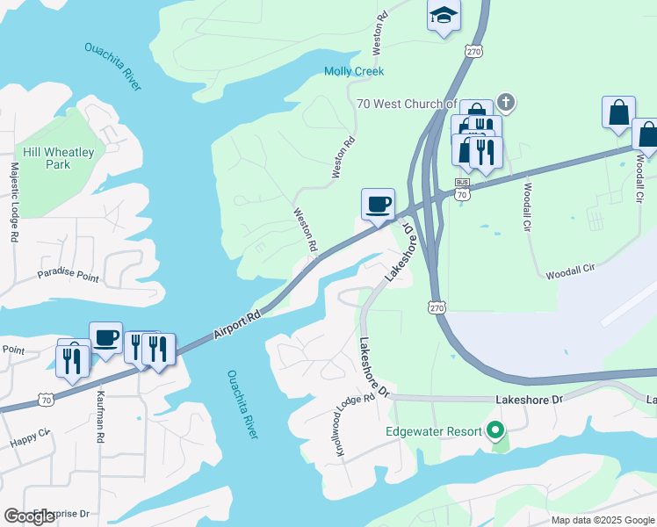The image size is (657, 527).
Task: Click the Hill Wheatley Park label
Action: point(59,158)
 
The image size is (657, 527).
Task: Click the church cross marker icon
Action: point(505,102)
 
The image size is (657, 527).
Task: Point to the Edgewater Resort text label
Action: point(434,431)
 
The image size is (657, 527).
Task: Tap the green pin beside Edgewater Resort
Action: point(495,431)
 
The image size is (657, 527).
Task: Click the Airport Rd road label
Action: point(237,325)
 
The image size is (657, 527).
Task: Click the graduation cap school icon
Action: point(444,16)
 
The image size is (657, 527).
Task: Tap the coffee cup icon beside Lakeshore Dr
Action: point(378,205)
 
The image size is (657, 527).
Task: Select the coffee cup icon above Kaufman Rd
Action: point(105,337)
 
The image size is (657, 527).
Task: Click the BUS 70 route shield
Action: point(462,191)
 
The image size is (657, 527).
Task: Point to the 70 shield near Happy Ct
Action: point(45,400)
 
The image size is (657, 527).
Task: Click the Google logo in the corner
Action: point(30,516)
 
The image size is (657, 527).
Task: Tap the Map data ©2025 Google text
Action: point(603,520)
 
